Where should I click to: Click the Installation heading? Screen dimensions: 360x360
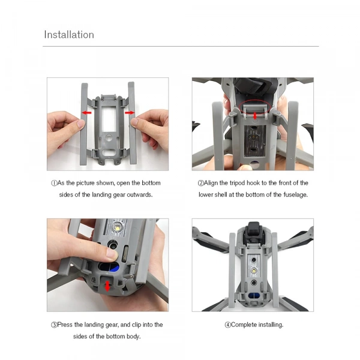pyautogui.click(x=68, y=35)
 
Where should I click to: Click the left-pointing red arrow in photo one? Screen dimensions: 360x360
pyautogui.click(x=87, y=113)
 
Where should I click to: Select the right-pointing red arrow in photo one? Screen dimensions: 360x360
pyautogui.click(x=128, y=112)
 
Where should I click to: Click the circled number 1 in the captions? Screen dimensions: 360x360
pyautogui.click(x=54, y=183)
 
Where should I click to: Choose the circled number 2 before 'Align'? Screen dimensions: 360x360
pyautogui.click(x=200, y=183)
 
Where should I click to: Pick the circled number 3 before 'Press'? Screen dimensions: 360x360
pyautogui.click(x=54, y=325)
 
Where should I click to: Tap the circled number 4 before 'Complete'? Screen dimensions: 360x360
pyautogui.click(x=228, y=325)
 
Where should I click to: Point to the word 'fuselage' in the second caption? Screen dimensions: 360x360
pyautogui.click(x=295, y=195)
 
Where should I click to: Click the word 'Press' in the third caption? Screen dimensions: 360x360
pyautogui.click(x=67, y=325)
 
